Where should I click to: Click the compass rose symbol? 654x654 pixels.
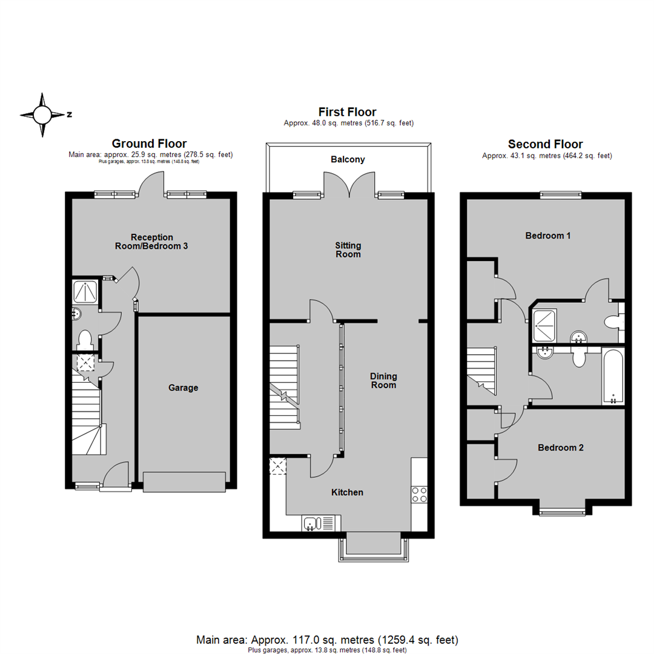pos(42,114)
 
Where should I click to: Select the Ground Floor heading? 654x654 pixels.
pos(149,144)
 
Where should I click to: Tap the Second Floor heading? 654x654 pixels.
pos(545,144)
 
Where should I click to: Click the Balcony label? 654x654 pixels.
pos(348,160)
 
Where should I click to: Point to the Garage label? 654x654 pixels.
pos(183,388)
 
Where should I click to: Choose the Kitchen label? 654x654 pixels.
pos(347,492)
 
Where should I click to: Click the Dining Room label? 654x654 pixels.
pos(383,380)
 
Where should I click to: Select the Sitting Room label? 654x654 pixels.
pos(348,249)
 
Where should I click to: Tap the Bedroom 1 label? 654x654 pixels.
pos(547,236)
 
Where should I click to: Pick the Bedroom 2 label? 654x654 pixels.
pos(561,448)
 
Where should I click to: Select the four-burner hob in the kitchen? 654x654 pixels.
pos(419,495)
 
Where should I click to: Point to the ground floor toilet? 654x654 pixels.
pos(84,339)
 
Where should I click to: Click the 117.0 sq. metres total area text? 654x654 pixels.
pos(327,639)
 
